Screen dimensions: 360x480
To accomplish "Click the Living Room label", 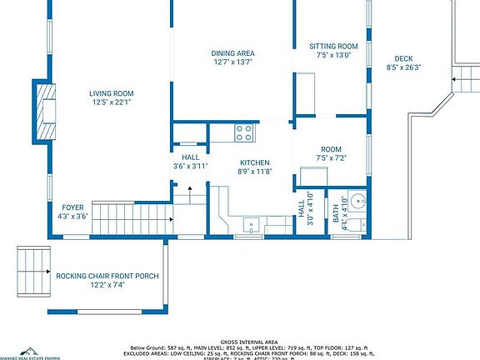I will click(112, 93).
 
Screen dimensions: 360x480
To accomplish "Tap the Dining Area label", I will click(232, 52).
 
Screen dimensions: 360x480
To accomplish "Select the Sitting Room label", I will click(333, 46).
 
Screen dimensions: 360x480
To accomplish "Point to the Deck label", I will click(404, 58).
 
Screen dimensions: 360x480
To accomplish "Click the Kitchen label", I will click(254, 162).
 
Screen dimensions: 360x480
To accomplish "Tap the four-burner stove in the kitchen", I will click(244, 132).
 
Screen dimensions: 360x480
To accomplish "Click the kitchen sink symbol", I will click(250, 224).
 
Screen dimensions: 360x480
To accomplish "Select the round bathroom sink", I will click(357, 201).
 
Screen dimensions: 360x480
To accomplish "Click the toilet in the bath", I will click(353, 225).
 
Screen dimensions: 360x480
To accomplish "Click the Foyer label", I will click(73, 207).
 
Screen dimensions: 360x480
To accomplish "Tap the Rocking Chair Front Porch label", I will click(107, 276).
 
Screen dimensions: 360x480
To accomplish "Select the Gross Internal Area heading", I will click(249, 342).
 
